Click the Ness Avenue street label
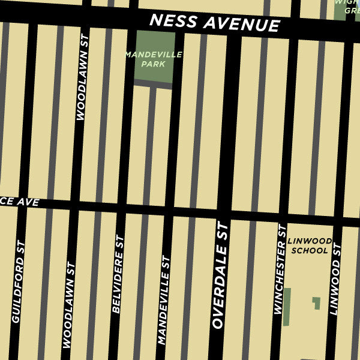tap(214, 23)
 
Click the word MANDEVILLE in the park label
tap(153, 55)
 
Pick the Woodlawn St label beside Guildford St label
tap(68, 305)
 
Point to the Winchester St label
tap(279, 269)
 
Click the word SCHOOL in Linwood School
tap(309, 251)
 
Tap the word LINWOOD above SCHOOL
tap(309, 241)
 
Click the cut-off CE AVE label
tap(20, 203)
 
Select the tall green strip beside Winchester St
tap(287, 307)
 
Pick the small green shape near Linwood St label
tap(316, 303)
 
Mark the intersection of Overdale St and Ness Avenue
tap(232, 26)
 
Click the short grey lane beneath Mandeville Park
tap(153, 85)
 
